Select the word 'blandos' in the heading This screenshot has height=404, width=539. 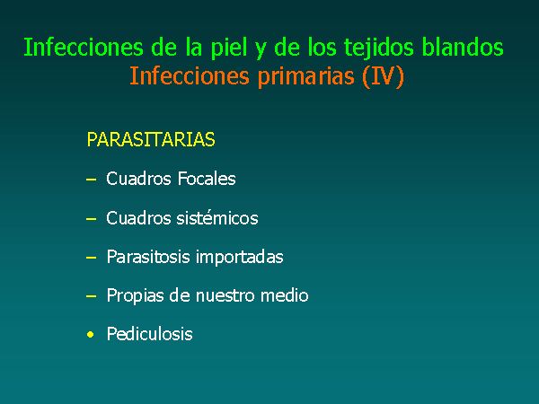click(x=463, y=47)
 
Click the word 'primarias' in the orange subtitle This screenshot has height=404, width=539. click(x=306, y=77)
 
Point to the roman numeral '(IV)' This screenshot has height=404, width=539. click(x=383, y=77)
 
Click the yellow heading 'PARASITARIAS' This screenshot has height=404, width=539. click(x=151, y=139)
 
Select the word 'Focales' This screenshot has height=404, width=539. click(x=207, y=179)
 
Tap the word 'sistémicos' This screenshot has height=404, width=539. click(x=217, y=218)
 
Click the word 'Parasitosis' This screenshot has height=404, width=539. click(x=148, y=257)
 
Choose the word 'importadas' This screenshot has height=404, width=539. click(x=240, y=258)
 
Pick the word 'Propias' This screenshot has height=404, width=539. click(x=135, y=296)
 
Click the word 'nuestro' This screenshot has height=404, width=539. click(x=225, y=296)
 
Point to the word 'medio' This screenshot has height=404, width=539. click(x=284, y=295)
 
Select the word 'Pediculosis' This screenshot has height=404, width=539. click(x=149, y=334)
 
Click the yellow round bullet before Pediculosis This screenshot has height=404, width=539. click(x=91, y=334)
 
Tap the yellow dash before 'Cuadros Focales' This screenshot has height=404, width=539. click(x=91, y=180)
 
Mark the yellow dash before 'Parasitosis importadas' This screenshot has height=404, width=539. click(x=91, y=258)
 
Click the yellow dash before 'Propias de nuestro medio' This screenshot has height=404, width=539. click(x=91, y=296)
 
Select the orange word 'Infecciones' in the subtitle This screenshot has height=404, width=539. click(x=190, y=76)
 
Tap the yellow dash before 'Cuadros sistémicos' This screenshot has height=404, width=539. click(x=91, y=218)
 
